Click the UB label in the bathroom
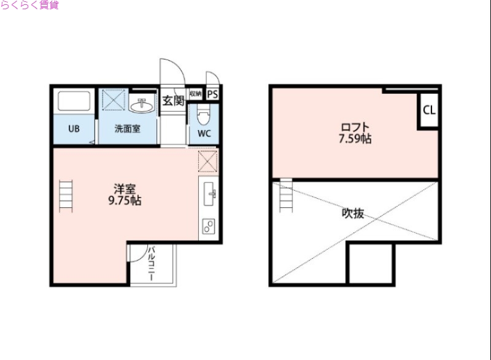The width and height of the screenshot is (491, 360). pos(74,129)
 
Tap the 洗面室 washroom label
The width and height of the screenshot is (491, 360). pos(128,129)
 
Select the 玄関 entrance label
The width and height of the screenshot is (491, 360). pos(173,101)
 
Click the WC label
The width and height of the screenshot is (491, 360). pos(204,133)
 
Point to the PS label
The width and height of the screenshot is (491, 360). pos(213,94)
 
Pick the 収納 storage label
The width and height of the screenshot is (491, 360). pos(195,94)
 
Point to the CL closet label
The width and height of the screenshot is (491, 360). pos(428,111)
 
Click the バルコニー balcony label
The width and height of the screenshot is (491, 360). pos(150,264)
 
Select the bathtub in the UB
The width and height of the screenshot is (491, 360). pos(74,101)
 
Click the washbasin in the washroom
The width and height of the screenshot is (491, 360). pos(142,105)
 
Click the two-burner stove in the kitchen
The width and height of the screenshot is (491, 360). pos(207,226)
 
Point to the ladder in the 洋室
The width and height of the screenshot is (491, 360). pos(66,195)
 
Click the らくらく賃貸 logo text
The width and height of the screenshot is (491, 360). pos(29,6)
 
